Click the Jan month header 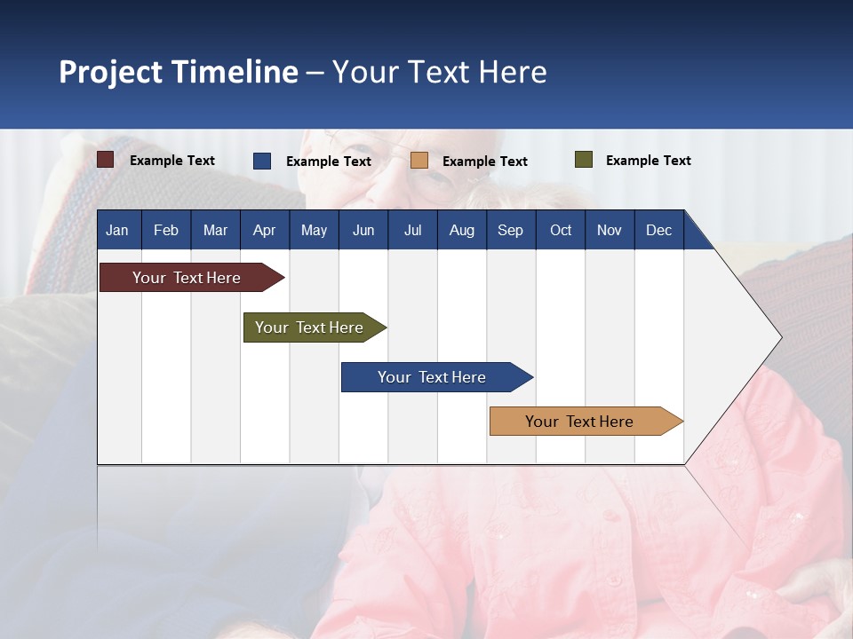pyautogui.click(x=117, y=230)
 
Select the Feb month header pyautogui.click(x=166, y=230)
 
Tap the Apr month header pyautogui.click(x=264, y=230)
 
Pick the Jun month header pyautogui.click(x=363, y=230)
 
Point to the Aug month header pyautogui.click(x=461, y=230)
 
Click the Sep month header pyautogui.click(x=510, y=230)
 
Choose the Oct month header pyautogui.click(x=561, y=230)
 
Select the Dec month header pyautogui.click(x=658, y=230)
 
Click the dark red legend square pyautogui.click(x=105, y=160)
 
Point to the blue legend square pyautogui.click(x=262, y=161)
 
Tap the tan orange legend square pyautogui.click(x=419, y=161)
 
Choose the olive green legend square pyautogui.click(x=583, y=160)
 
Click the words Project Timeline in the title pyautogui.click(x=179, y=72)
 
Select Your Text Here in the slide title pyautogui.click(x=440, y=72)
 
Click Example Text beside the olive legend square pyautogui.click(x=648, y=161)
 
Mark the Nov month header pyautogui.click(x=609, y=230)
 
